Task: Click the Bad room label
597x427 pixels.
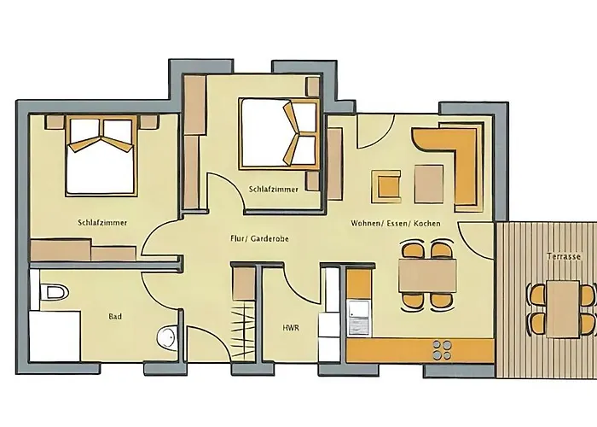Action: (115, 317)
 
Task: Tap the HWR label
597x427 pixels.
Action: (291, 327)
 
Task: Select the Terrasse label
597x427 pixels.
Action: (564, 256)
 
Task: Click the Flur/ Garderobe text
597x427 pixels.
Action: (259, 238)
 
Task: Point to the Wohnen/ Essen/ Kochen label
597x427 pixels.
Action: (395, 224)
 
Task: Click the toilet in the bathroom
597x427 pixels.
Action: (55, 292)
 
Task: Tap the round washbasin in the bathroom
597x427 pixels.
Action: (167, 337)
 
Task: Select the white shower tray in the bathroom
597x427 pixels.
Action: (55, 336)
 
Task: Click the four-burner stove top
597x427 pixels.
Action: (442, 350)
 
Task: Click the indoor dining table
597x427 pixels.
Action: (427, 276)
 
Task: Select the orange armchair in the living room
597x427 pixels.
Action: (385, 185)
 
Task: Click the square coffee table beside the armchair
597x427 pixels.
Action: (429, 184)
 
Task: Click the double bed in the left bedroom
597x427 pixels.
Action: (101, 155)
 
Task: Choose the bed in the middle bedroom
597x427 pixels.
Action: (279, 133)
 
